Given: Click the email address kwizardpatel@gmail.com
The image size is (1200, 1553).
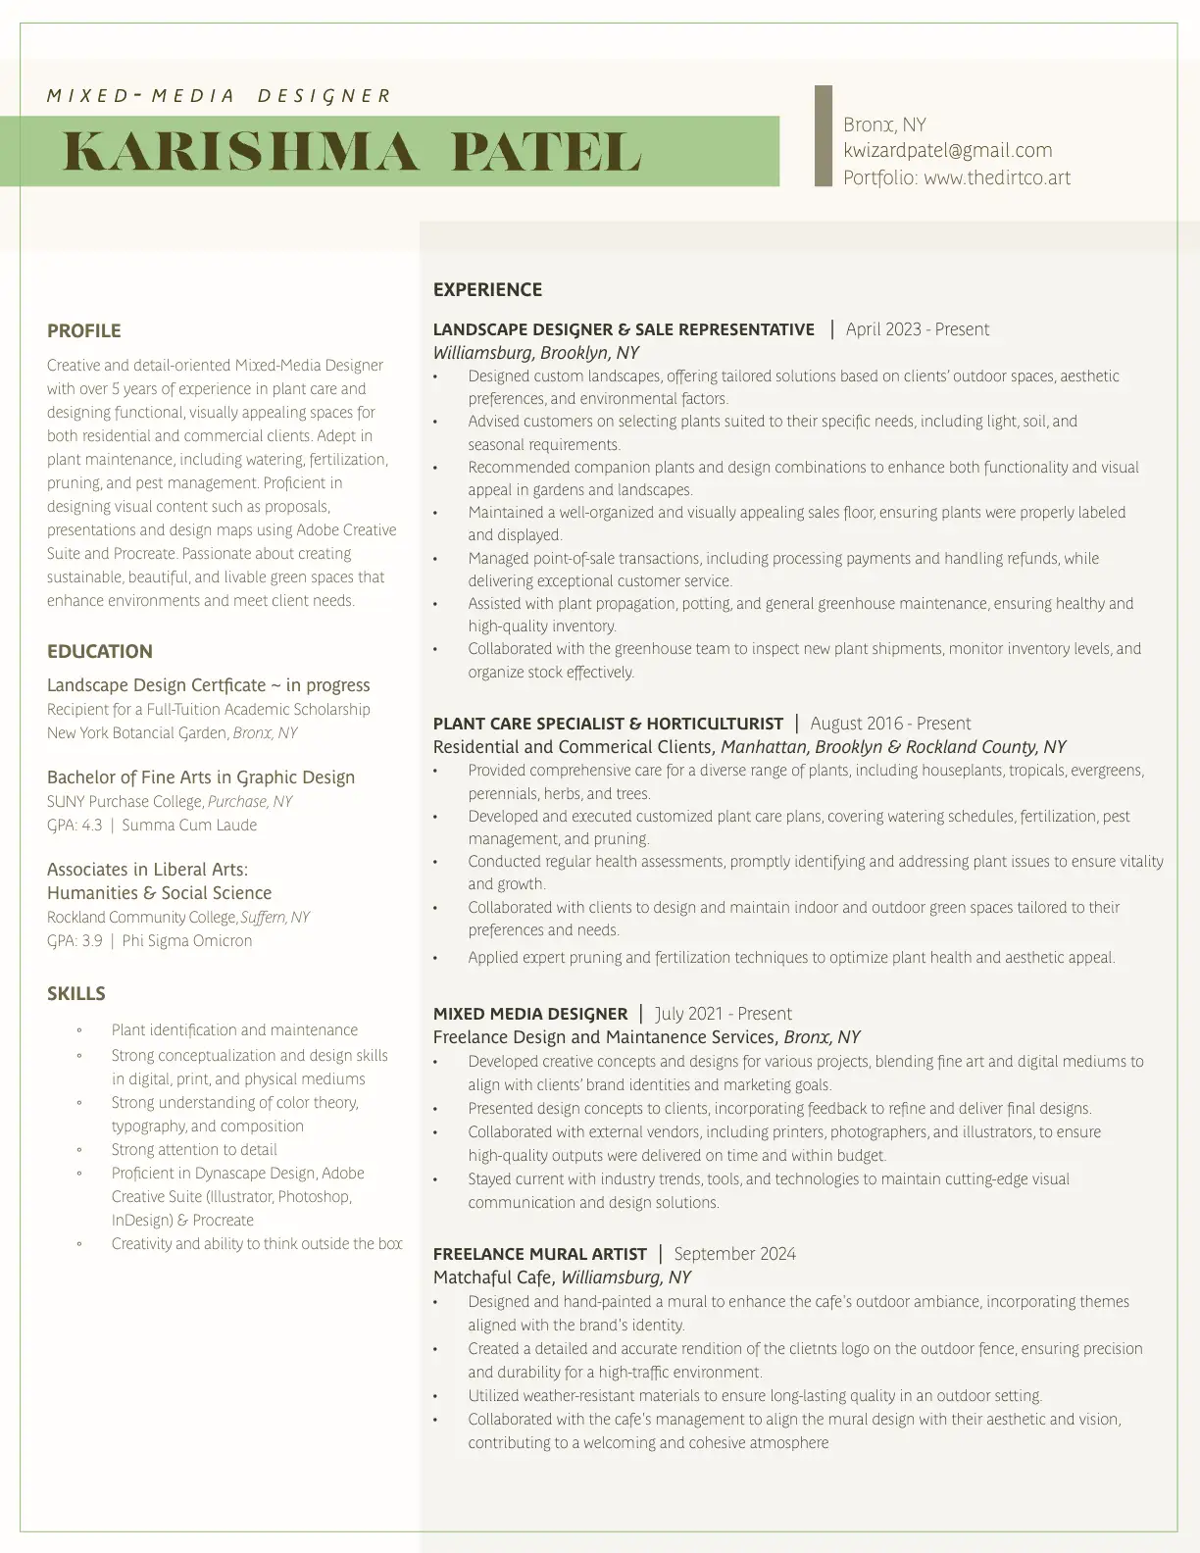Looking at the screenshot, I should [947, 151].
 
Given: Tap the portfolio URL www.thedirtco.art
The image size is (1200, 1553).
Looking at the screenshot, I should [996, 178].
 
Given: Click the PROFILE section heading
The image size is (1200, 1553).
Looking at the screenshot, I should [84, 331].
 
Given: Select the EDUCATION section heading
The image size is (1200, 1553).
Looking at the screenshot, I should [100, 652].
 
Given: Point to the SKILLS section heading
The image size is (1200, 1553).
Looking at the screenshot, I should [76, 994].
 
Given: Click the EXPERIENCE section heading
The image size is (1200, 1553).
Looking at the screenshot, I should [487, 290].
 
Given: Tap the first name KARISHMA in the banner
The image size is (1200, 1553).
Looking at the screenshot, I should [239, 152].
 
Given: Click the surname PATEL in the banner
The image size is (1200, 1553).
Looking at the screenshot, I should [545, 152].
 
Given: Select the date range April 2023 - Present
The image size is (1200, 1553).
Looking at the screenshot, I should [917, 330].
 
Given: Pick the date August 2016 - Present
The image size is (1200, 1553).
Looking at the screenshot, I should [889, 725].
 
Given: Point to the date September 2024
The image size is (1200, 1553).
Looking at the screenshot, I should [734, 1255].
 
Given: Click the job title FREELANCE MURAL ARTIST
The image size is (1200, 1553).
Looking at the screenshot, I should [540, 1255].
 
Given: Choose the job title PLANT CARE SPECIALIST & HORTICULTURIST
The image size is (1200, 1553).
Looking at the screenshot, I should [608, 725].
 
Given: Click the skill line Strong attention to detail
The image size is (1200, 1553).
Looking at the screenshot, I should [194, 1150].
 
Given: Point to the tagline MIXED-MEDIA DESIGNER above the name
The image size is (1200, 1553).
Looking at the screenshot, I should [219, 96].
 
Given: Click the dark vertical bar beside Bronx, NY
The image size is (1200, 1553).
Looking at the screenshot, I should [824, 135].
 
